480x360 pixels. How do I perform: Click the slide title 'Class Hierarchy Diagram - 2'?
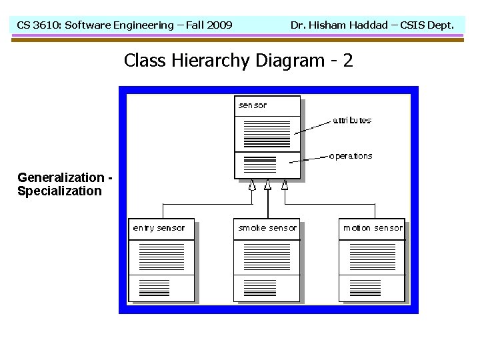coord(238,61)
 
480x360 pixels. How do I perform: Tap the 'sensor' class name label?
coord(253,105)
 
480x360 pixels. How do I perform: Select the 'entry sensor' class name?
coord(159,228)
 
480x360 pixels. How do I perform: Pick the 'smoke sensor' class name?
coord(267,228)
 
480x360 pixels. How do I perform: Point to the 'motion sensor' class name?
coord(373,228)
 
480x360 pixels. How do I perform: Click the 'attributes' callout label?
coord(352,121)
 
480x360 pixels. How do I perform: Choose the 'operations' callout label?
coord(351,156)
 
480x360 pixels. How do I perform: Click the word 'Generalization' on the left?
coord(61,178)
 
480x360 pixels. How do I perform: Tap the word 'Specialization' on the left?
coord(59,191)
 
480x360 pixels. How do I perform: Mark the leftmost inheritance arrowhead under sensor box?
coord(252,185)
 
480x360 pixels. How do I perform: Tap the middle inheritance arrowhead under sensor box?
coord(267,185)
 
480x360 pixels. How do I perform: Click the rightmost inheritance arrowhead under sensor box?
coord(285,185)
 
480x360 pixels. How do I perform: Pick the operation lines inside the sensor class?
coord(260,164)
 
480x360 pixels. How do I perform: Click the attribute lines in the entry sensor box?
coord(160,257)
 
